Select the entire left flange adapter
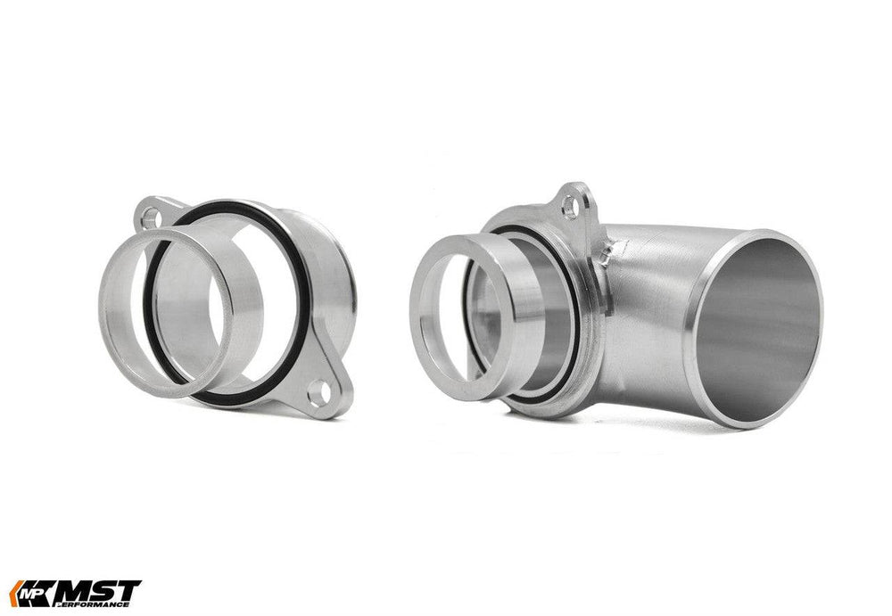pos(232,303)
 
